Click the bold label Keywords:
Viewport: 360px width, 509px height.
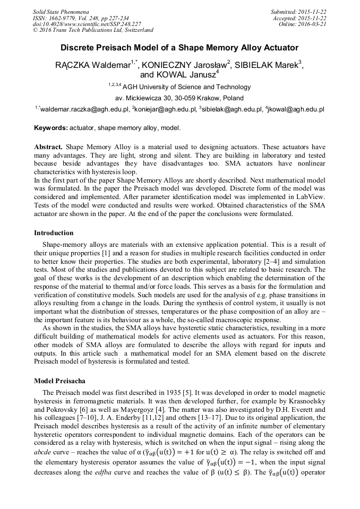click(x=50, y=128)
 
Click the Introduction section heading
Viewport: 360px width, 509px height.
click(x=54, y=233)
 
